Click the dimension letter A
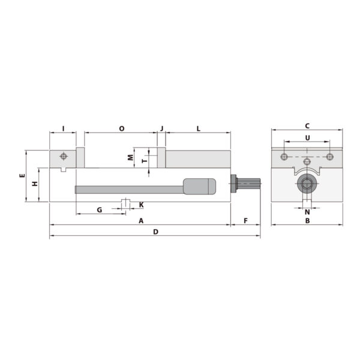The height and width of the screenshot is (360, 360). (141, 221)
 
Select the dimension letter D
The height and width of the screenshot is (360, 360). (155, 232)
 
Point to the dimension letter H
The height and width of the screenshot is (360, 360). (35, 184)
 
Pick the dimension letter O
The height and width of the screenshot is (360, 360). (121, 128)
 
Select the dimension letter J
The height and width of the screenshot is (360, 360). (161, 128)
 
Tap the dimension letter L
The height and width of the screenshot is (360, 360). (198, 128)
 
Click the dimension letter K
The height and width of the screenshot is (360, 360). (141, 205)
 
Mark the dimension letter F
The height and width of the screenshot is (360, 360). (245, 221)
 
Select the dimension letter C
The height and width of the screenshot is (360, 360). (307, 126)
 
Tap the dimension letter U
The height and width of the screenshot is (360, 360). (307, 138)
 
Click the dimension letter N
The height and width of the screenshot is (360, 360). (307, 212)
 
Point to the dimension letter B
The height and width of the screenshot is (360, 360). (307, 221)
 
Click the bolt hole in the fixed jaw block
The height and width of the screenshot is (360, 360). (63, 157)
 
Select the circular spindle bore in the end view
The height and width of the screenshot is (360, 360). (307, 184)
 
